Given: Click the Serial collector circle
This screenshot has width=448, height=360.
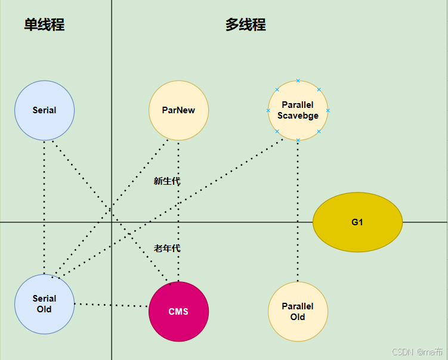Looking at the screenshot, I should [44, 110].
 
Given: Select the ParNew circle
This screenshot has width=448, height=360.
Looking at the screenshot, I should [178, 110].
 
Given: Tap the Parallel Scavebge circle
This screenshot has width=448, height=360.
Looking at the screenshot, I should [298, 110].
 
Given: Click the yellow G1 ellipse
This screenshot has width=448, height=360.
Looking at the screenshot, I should [357, 222].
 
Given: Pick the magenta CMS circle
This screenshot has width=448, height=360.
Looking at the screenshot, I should [178, 312].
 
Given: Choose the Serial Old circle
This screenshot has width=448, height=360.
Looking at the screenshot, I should [44, 304].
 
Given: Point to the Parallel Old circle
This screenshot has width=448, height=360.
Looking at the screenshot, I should [298, 312].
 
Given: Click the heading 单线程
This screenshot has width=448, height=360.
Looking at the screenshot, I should [44, 25].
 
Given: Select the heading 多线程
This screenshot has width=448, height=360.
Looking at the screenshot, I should [245, 25].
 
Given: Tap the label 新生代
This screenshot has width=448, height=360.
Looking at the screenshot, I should [166, 181].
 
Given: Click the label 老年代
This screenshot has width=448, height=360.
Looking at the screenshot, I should [166, 248].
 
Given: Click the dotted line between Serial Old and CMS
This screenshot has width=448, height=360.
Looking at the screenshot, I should [111, 305].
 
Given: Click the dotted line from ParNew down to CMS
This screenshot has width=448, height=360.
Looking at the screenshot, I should [178, 209].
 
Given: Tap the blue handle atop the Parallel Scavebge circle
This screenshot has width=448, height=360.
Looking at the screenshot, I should [298, 80].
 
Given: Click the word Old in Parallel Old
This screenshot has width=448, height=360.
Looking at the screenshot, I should [298, 317].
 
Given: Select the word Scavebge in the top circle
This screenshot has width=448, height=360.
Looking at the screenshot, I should [298, 116].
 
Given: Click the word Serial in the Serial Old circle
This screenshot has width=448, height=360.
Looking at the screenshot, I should [44, 299].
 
